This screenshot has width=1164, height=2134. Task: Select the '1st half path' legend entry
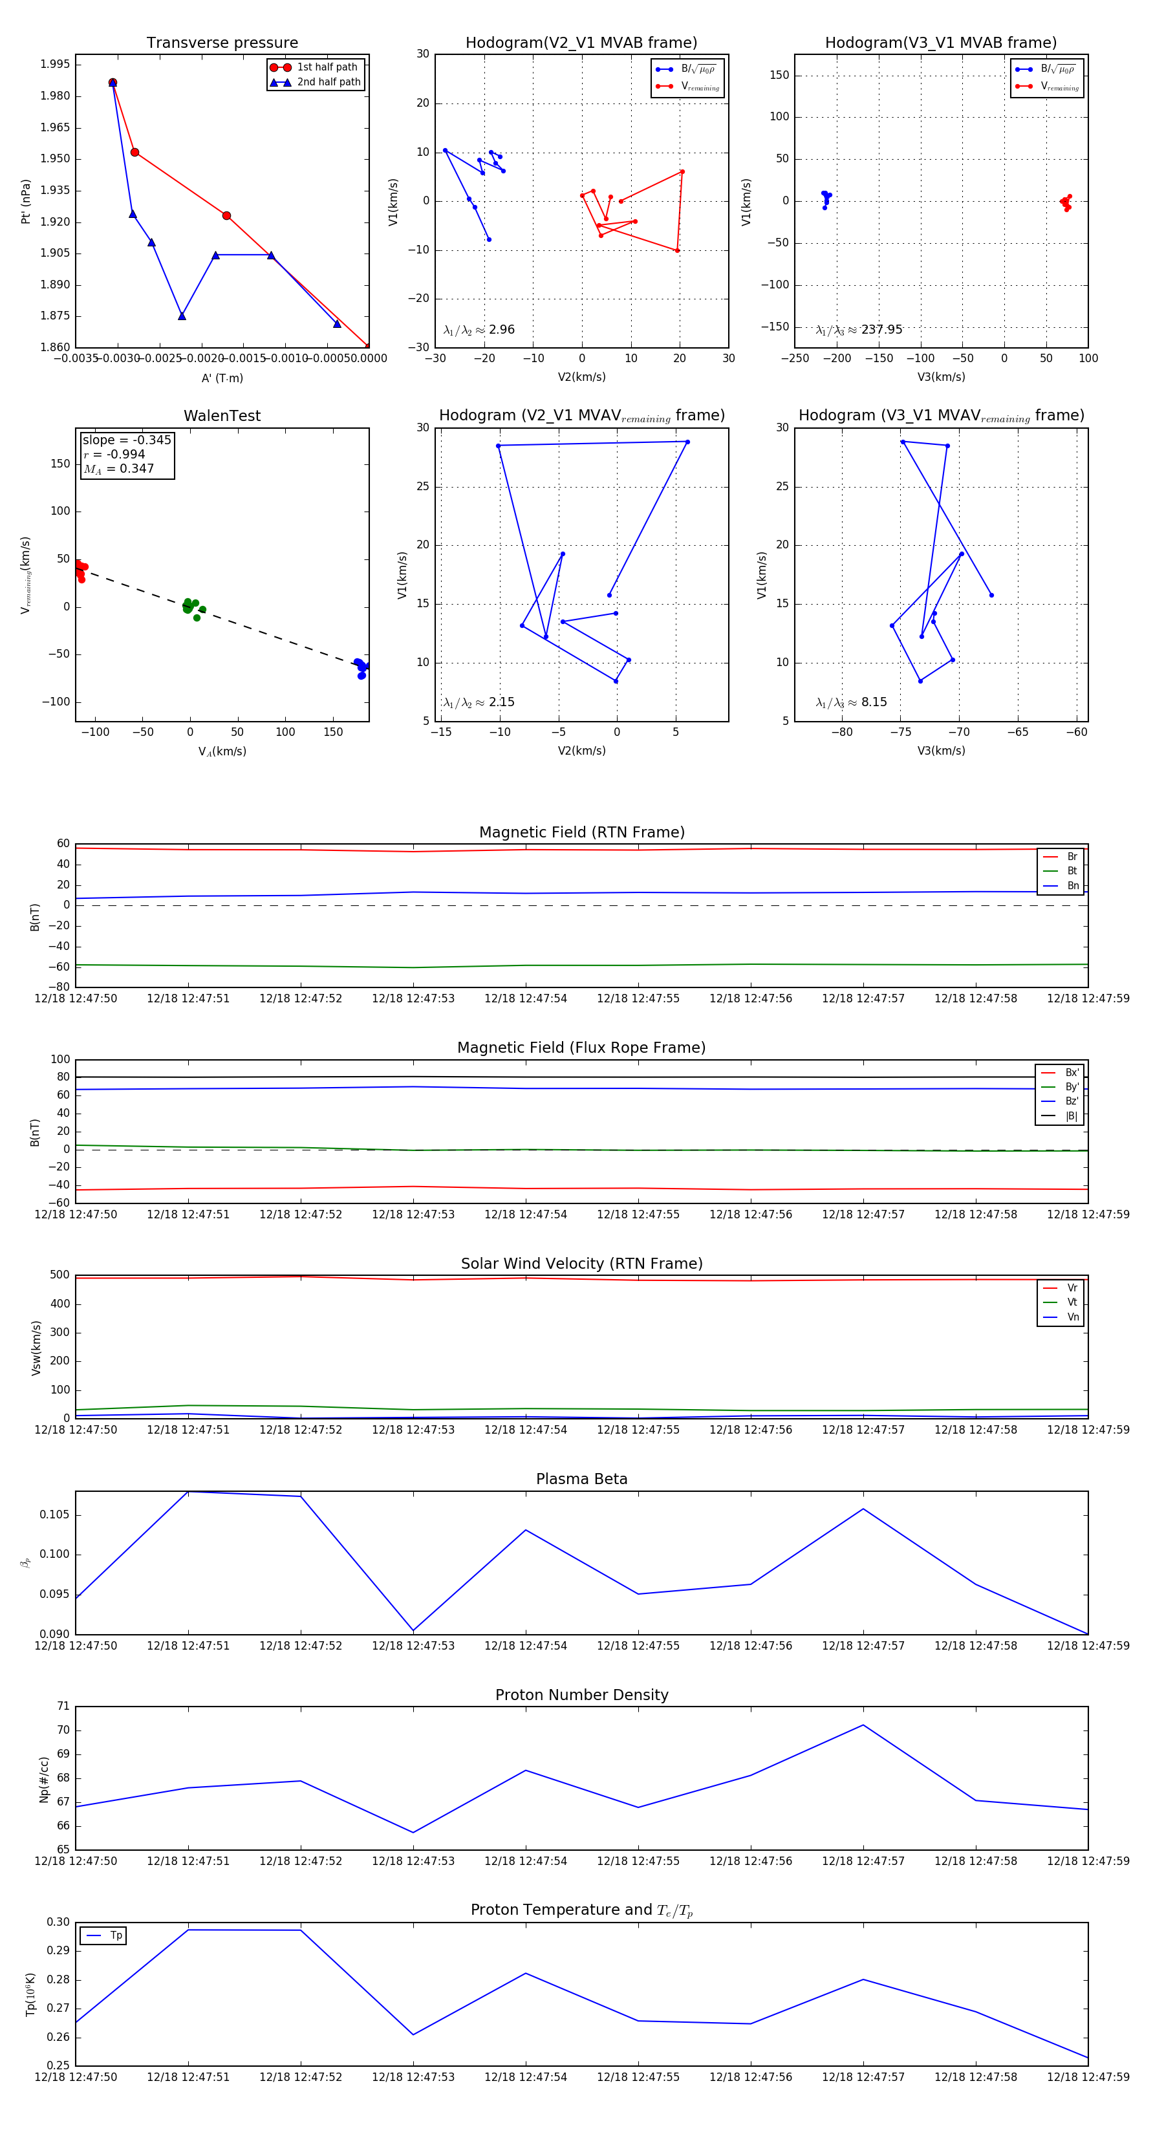[x=327, y=67]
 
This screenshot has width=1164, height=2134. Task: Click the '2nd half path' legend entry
[x=328, y=82]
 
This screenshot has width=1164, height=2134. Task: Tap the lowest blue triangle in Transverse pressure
[x=182, y=316]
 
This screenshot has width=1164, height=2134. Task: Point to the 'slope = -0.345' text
[x=127, y=440]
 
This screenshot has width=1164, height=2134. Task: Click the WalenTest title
[x=222, y=416]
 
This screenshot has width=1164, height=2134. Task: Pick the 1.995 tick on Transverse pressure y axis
[x=56, y=65]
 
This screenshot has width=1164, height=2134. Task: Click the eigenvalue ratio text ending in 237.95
[x=859, y=330]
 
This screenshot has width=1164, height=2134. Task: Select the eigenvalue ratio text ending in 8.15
[x=852, y=702]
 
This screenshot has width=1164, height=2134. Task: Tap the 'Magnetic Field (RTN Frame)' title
[x=581, y=832]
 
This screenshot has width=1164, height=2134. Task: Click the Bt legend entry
[x=1072, y=870]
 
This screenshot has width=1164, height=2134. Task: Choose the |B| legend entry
[x=1072, y=1116]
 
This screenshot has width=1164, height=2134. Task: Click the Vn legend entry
[x=1072, y=1317]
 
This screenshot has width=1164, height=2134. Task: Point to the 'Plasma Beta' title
[x=581, y=1480]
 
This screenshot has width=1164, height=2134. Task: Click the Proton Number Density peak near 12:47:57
[x=863, y=1725]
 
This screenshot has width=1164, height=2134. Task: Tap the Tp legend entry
[x=115, y=1936]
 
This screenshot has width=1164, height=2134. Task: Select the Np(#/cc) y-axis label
[x=44, y=1778]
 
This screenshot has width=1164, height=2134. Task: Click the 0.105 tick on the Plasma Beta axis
[x=56, y=1515]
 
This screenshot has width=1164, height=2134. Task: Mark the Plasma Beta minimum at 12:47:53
[x=413, y=1630]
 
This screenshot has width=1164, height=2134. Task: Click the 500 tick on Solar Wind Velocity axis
[x=59, y=1275]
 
